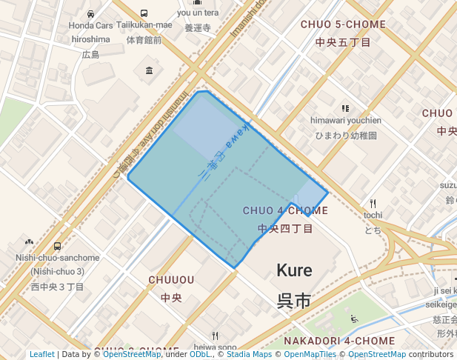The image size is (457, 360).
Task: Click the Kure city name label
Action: [x=294, y=270]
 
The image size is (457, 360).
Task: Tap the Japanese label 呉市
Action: [x=294, y=301]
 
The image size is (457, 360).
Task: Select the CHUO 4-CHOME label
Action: [x=285, y=211]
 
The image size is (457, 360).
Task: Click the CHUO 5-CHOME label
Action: [x=343, y=24]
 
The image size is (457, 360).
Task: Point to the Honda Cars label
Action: [x=90, y=25]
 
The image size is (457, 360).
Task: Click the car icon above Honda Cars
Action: [x=90, y=13]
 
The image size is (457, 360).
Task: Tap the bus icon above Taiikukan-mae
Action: [x=143, y=13]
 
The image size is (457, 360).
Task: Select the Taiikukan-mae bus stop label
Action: [x=143, y=25]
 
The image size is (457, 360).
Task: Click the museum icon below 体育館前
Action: [x=150, y=70]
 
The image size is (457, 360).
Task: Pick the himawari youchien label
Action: [x=346, y=121]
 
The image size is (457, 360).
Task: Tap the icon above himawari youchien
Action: [x=345, y=108]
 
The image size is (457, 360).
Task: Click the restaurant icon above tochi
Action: [x=373, y=203]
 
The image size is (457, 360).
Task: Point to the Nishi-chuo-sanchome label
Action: [x=57, y=258]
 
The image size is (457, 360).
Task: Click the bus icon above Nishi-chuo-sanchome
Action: [x=57, y=246]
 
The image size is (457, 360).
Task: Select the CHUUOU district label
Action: [x=171, y=280]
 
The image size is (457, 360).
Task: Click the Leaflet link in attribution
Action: [x=41, y=354]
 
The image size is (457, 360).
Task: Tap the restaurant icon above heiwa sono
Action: [x=215, y=336]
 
